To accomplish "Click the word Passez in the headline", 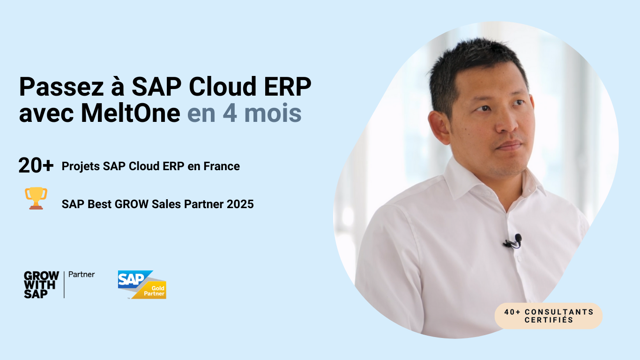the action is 61,87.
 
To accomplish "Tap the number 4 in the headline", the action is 230,113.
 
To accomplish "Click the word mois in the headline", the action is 273,113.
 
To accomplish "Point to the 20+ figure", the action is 36,165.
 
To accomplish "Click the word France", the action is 222,166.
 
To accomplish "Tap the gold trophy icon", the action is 36,198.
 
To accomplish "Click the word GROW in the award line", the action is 132,204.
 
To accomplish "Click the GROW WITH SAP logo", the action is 41,285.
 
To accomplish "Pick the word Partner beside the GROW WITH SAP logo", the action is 82,275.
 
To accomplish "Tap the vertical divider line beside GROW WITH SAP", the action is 64,285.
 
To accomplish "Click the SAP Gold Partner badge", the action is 142,285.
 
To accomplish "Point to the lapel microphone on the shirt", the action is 513,241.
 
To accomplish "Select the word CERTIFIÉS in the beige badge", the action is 549,320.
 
